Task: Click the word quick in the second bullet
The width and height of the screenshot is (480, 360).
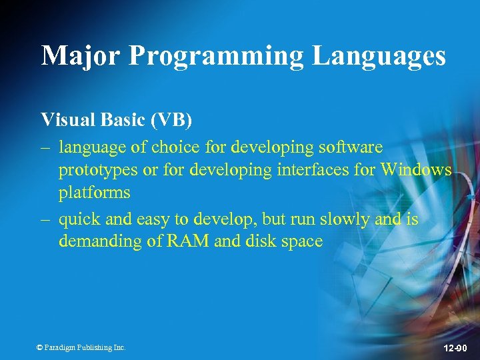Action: click(79, 219)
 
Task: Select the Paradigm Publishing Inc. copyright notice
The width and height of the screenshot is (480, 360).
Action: click(81, 347)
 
